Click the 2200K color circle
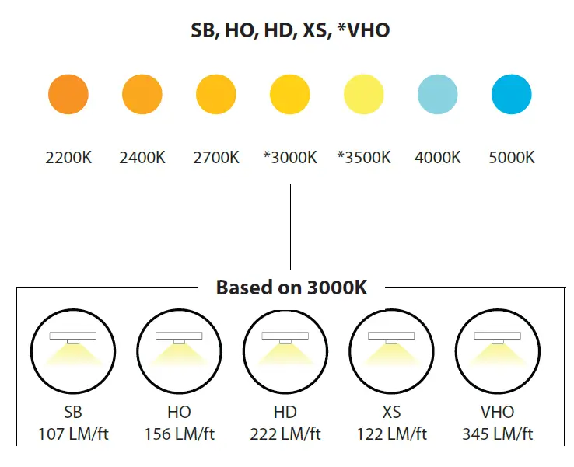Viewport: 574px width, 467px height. pos(68,96)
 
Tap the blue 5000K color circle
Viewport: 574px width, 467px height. pos(511,96)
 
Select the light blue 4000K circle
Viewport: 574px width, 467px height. pos(438,96)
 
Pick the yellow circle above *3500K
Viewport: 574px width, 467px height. pos(364,96)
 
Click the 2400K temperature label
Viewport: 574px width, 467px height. pos(142,158)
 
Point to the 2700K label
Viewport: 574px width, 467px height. pos(216,158)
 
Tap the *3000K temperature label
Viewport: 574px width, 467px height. pos(290,158)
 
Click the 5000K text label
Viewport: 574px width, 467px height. pos(512,158)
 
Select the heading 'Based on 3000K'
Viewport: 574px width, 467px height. pos(291,288)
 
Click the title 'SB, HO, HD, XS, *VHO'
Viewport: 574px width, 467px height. pos(291,30)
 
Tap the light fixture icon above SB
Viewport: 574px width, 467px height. pos(73,346)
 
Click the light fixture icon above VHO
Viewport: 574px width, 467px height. pos(498,346)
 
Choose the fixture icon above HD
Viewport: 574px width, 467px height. pos(285,346)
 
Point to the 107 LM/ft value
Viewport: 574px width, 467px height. pos(73,434)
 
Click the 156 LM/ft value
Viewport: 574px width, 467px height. pos(179,434)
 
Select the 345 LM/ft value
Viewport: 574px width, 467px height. pos(498,434)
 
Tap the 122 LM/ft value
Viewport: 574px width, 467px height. pos(392,434)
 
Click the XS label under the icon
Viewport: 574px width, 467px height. pos(392,412)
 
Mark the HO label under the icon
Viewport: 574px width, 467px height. pos(179,412)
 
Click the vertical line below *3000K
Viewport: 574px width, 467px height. pos(290,225)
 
